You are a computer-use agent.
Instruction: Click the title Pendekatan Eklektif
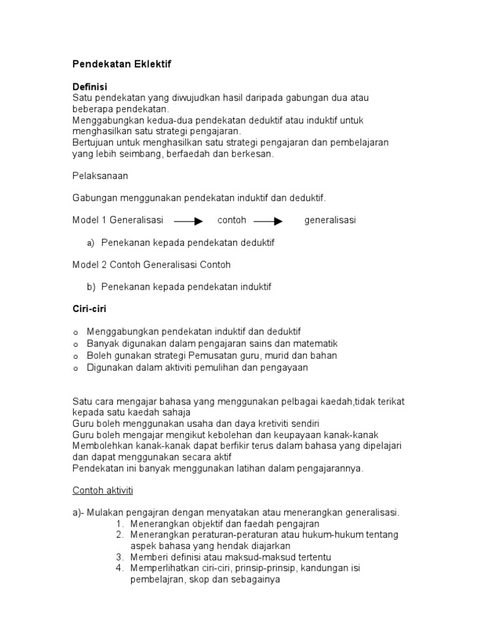coord(122,64)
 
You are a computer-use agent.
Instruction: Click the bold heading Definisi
coord(90,88)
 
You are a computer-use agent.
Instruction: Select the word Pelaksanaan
coord(100,176)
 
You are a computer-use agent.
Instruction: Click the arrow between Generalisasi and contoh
coord(188,221)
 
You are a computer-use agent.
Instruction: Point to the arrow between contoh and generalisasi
coord(268,221)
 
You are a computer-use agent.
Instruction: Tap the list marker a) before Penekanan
coord(91,242)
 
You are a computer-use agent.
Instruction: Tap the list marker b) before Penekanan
coord(91,286)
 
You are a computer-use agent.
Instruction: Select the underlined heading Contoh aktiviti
coord(103,490)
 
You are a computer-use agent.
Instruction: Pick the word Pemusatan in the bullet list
coord(203,355)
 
